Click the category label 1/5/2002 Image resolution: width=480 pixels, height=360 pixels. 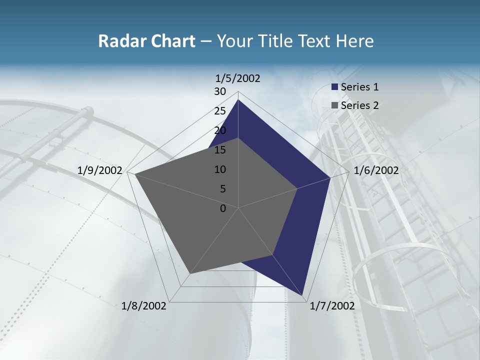pos(238,78)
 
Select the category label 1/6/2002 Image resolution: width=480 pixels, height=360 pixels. pos(376,170)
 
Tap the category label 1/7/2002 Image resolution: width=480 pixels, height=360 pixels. pos(332,306)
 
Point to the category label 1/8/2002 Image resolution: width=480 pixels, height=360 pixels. pos(144,306)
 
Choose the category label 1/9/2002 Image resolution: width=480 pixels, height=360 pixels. pos(100,170)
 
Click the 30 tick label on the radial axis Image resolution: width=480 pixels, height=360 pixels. pos(220,91)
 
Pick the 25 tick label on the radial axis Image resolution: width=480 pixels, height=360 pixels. pos(220,111)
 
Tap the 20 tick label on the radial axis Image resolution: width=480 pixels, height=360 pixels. pos(220,130)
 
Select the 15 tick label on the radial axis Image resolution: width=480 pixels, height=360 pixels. pos(220,150)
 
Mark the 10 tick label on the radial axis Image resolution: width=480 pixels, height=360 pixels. pos(220,169)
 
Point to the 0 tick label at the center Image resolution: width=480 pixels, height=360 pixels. pos(223,208)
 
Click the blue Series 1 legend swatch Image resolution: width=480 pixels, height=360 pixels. pos(335,87)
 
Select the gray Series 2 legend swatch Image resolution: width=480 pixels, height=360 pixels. pos(335,105)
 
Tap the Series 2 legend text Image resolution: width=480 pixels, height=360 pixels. pos(359,105)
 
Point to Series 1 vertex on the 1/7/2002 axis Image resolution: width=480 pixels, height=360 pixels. pos(303,296)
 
